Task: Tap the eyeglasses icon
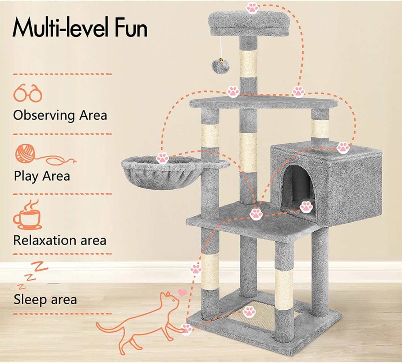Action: [28, 93]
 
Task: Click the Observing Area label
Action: [60, 115]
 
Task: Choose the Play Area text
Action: [42, 176]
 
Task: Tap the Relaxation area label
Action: [60, 240]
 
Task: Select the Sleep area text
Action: [45, 299]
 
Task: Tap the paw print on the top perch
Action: [252, 8]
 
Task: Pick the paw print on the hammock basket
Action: [162, 158]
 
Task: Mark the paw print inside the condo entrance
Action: [306, 207]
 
